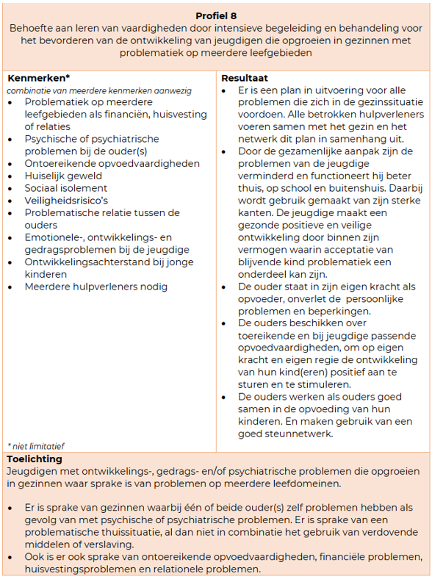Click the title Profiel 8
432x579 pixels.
click(216, 15)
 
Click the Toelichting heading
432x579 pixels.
click(35, 458)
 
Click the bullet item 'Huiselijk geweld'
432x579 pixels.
click(63, 176)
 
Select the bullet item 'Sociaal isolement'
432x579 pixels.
click(66, 188)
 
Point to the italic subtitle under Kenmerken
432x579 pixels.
click(99, 90)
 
